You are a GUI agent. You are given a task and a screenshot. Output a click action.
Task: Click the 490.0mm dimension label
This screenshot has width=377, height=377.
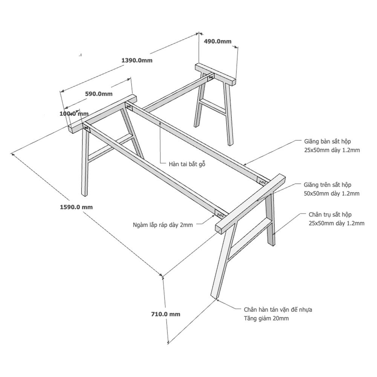(218, 41)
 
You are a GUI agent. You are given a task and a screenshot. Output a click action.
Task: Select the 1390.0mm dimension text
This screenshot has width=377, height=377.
(137, 60)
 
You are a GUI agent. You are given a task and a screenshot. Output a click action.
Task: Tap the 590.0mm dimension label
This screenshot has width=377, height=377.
(99, 93)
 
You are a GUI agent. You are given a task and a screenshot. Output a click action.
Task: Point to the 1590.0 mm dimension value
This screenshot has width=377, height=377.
(76, 207)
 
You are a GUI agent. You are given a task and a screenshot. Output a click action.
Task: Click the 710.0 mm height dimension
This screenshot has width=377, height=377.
(166, 314)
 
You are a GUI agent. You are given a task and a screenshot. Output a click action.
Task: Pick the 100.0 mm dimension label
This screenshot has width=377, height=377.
(74, 113)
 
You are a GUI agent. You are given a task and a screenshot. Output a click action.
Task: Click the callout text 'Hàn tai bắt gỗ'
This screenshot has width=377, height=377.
(187, 164)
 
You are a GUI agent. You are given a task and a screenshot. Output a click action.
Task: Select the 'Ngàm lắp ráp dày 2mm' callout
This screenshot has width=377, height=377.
(163, 225)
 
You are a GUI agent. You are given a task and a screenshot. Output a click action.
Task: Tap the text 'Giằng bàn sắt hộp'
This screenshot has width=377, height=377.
(328, 141)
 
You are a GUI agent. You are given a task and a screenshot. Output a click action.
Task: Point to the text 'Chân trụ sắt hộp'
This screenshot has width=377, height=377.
(330, 215)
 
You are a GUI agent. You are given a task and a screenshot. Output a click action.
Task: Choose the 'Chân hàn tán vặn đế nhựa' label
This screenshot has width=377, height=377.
(278, 310)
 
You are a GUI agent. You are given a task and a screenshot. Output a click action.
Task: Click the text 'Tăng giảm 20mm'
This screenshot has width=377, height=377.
(266, 318)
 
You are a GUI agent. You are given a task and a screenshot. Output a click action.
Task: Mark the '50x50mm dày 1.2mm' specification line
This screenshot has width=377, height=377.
(331, 193)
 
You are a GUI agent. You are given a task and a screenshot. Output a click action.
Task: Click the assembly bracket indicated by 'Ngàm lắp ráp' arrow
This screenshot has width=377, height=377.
(220, 214)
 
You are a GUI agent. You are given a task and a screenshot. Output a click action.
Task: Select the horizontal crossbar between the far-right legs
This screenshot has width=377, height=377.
(213, 107)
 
